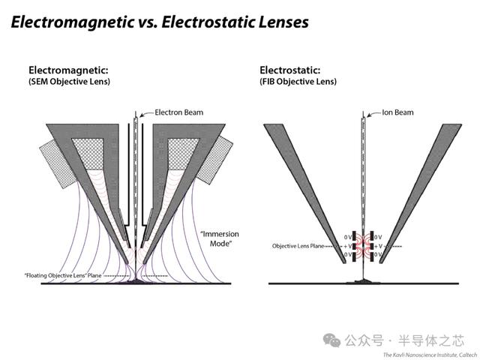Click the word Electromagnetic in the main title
[x=72, y=22]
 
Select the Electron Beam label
[x=178, y=112]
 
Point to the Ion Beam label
[x=397, y=112]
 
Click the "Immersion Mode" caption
[x=220, y=238]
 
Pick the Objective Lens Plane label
[x=298, y=246]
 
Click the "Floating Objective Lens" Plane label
[x=63, y=275]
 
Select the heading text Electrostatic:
[x=290, y=70]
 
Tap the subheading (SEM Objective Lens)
[x=69, y=82]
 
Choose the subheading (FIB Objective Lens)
[x=298, y=82]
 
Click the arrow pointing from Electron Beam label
[x=146, y=114]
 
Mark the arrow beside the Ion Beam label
[x=373, y=114]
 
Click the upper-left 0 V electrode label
[x=348, y=237]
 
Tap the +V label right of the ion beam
[x=379, y=246]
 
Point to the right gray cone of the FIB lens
[x=421, y=193]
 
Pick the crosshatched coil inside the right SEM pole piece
[x=184, y=154]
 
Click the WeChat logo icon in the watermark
[x=331, y=340]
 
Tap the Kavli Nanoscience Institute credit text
[x=430, y=355]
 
